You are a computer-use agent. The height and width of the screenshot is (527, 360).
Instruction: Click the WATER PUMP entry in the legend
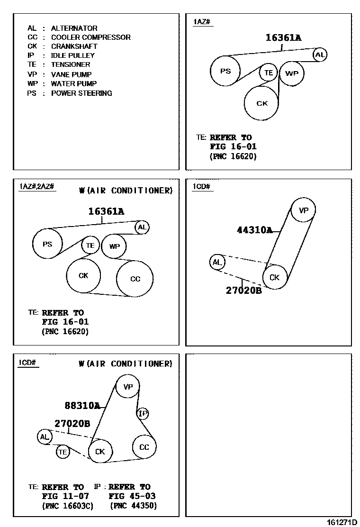[73, 84]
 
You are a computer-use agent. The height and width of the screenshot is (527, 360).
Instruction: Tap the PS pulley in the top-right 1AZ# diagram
[225, 71]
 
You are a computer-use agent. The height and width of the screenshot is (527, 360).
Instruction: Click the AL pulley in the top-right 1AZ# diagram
[320, 55]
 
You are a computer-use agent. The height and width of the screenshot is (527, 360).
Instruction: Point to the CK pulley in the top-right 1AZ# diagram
[262, 103]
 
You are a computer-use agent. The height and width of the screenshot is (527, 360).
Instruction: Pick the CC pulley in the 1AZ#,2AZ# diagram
[135, 279]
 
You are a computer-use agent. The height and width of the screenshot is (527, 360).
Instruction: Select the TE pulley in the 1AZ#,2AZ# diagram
[90, 245]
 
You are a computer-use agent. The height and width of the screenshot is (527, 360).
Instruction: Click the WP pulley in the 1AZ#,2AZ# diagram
[114, 246]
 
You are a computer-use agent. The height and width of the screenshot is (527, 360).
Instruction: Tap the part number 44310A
[254, 230]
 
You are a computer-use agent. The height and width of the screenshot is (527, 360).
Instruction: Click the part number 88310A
[82, 405]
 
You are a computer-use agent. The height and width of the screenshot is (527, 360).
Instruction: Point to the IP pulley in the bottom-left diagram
[143, 414]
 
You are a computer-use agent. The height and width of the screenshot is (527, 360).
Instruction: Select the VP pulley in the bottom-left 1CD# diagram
[128, 387]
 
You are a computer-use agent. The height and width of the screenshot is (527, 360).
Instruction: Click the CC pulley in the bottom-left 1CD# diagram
[144, 447]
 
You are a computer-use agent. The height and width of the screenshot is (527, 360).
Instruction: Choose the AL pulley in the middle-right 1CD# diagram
[216, 262]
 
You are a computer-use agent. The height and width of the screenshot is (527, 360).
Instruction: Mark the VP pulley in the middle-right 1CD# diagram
[303, 210]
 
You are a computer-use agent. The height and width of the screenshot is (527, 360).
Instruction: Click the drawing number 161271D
[342, 522]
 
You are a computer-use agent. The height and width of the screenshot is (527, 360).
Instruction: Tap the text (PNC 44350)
[133, 506]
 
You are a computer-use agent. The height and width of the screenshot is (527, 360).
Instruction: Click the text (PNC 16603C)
[68, 506]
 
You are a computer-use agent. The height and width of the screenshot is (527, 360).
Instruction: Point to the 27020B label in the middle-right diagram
[243, 290]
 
